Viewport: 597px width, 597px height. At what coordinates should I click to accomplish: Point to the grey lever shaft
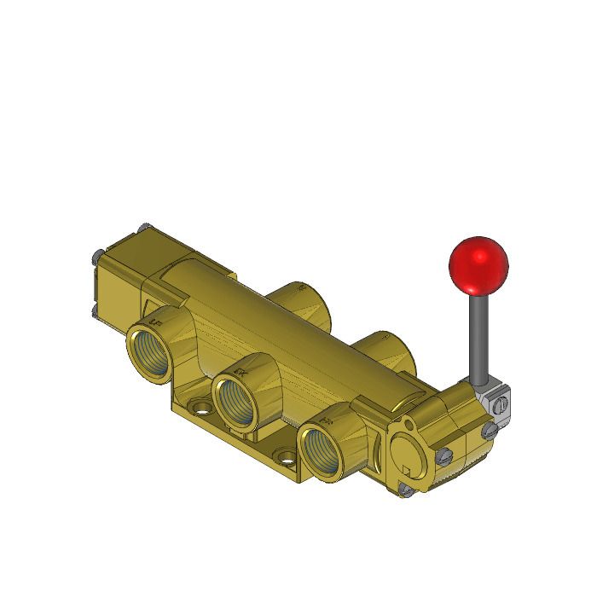(478, 337)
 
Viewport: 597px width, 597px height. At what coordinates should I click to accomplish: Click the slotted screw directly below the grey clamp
(490, 432)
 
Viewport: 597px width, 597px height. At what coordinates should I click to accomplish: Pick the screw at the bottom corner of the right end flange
(406, 490)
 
